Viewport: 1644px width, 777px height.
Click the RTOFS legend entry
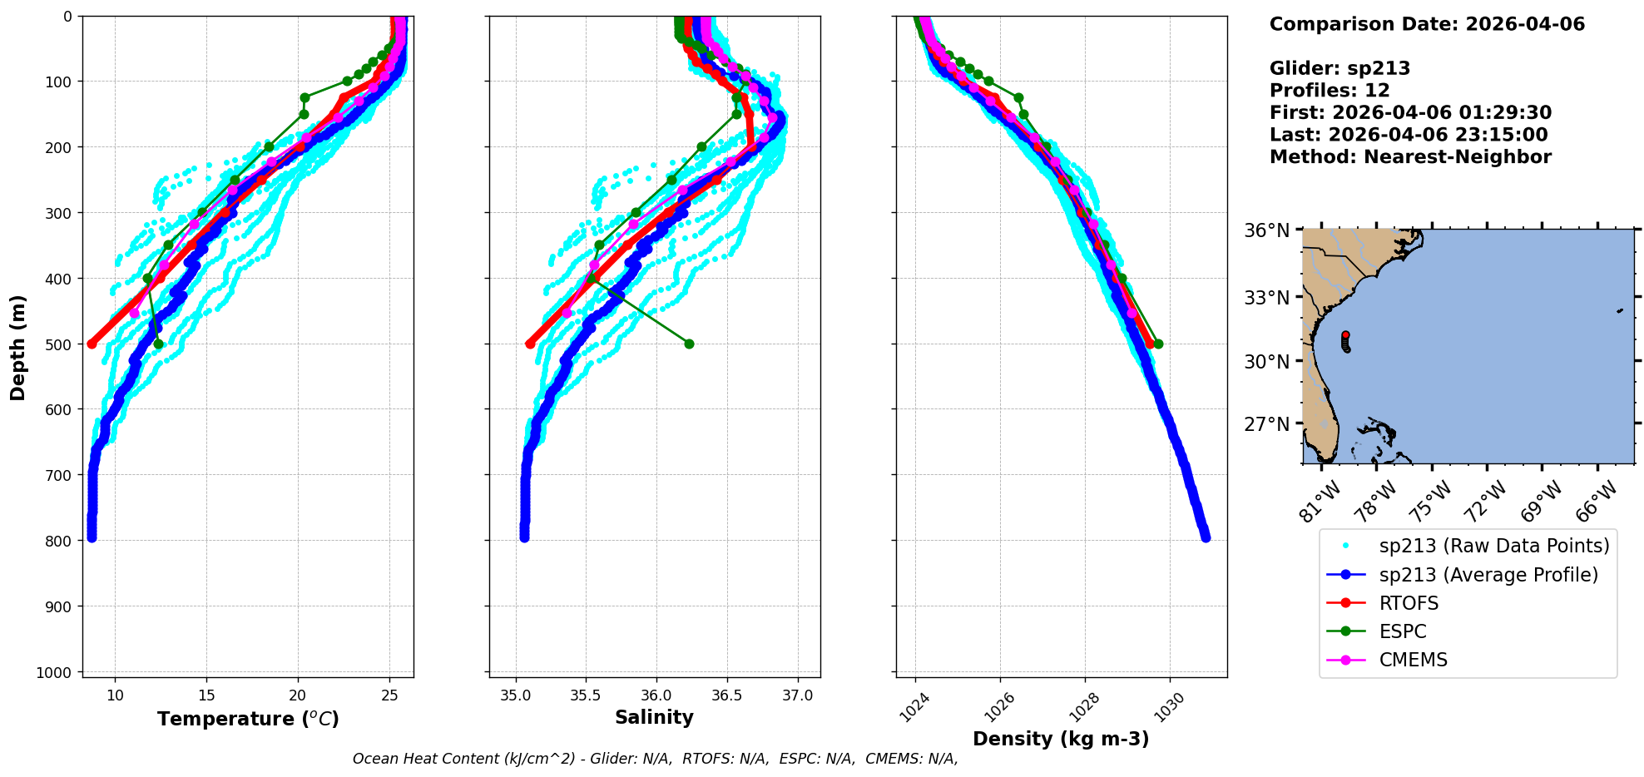pyautogui.click(x=1409, y=603)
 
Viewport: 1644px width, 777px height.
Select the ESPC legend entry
pyautogui.click(x=1403, y=631)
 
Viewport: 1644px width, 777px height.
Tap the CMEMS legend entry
pyautogui.click(x=1413, y=660)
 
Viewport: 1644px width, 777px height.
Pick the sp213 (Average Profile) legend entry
pyautogui.click(x=1488, y=575)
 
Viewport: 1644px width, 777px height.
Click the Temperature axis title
pyautogui.click(x=248, y=719)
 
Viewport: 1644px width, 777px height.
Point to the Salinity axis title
pyautogui.click(x=654, y=717)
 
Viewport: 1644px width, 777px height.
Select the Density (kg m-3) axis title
pyautogui.click(x=1061, y=739)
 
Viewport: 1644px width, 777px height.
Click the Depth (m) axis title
pyautogui.click(x=18, y=347)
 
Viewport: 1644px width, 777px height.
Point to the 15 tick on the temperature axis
pyautogui.click(x=206, y=695)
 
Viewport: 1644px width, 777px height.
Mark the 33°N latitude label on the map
pyautogui.click(x=1266, y=297)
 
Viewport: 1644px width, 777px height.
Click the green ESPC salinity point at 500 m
pyautogui.click(x=689, y=344)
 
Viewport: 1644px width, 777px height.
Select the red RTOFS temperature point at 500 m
pyautogui.click(x=92, y=344)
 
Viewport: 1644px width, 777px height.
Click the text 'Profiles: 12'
pyautogui.click(x=1330, y=91)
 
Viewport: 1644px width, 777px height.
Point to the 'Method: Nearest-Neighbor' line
pyautogui.click(x=1410, y=157)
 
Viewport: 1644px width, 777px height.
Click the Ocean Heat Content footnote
pyautogui.click(x=655, y=759)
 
